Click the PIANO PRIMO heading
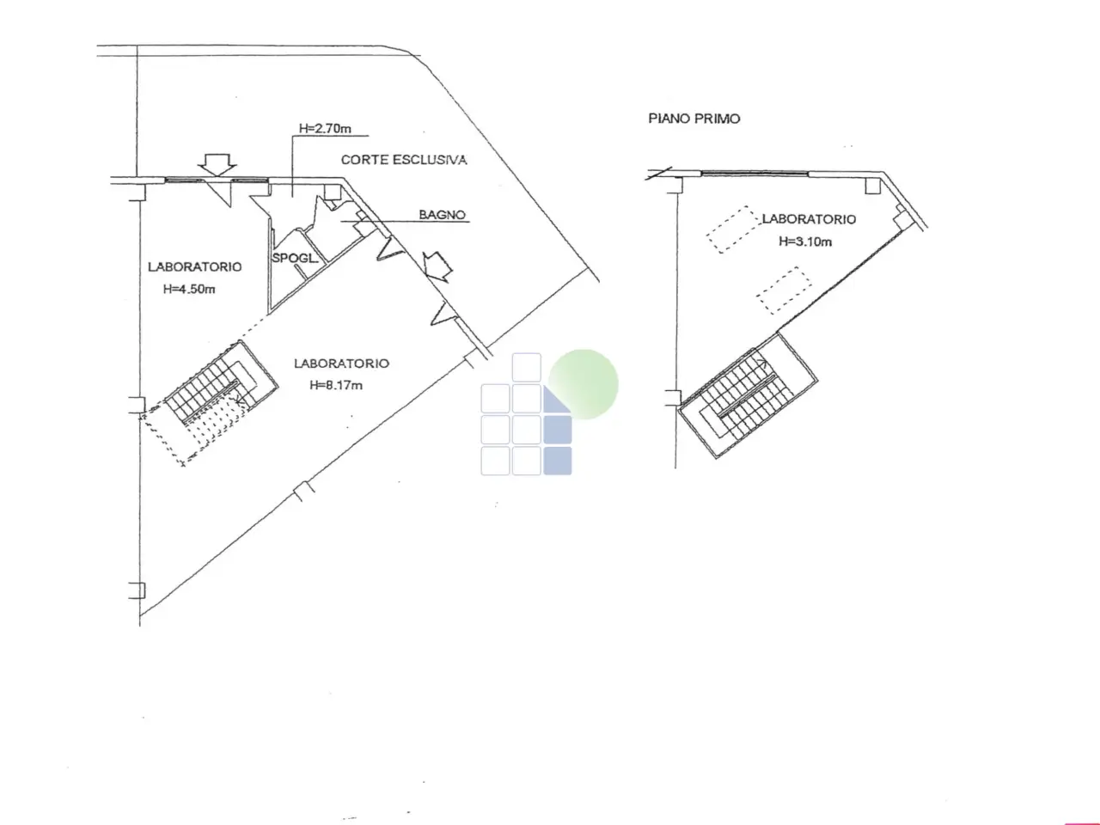(694, 119)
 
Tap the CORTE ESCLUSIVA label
(404, 160)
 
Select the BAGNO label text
(442, 214)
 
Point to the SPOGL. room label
(295, 258)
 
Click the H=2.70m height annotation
(325, 129)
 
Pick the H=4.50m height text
(189, 289)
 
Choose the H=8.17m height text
(336, 385)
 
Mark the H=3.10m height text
(805, 241)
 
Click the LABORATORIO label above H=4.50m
(194, 266)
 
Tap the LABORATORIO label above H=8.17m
(341, 364)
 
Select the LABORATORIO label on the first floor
(809, 219)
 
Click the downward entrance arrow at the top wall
(217, 165)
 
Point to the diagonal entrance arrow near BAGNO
(437, 266)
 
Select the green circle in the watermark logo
(584, 383)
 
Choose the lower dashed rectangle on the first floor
(785, 291)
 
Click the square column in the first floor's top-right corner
(872, 186)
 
